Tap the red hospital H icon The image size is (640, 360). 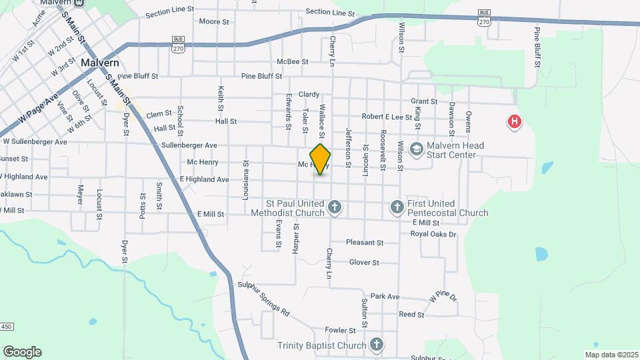515,122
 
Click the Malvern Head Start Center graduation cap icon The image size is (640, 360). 417,149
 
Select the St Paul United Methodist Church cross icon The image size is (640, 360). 335,208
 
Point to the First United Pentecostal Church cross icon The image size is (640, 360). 397,208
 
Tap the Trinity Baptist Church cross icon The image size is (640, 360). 377,345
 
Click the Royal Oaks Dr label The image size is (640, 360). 433,234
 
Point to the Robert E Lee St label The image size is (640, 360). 387,117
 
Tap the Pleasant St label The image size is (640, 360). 365,243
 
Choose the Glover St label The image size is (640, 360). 364,263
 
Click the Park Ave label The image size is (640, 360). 385,296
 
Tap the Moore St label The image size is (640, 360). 214,21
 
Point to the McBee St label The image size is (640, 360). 293,61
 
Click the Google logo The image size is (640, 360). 22,351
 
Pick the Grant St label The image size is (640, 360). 424,101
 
